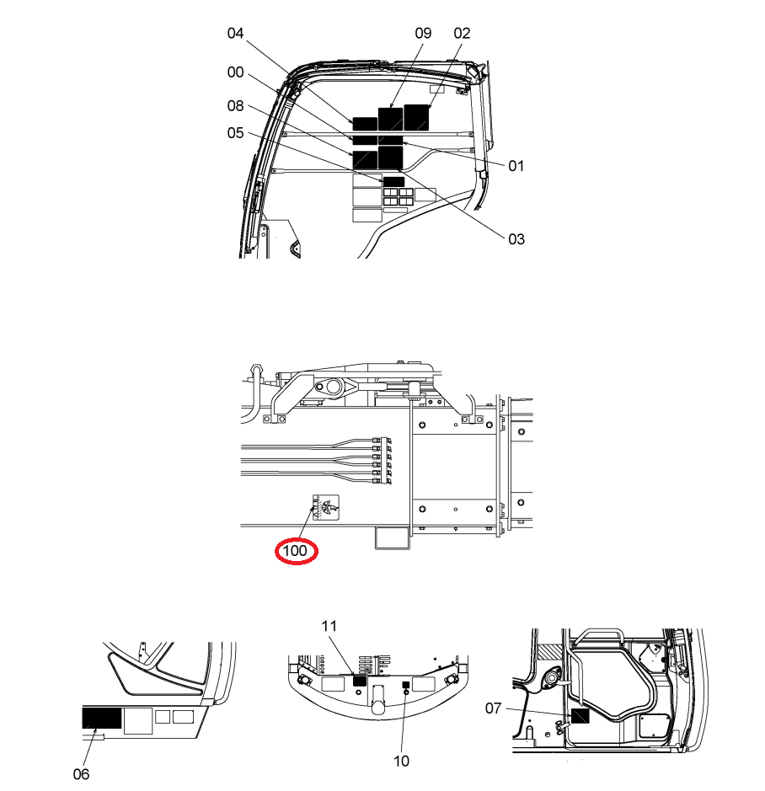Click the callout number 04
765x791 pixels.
[x=235, y=34]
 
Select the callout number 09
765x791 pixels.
[x=423, y=34]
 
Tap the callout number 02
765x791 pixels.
[x=462, y=34]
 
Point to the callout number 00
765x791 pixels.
[x=235, y=72]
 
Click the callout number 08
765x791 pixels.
[x=235, y=106]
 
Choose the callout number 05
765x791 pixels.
[x=235, y=133]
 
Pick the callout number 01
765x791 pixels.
[x=516, y=166]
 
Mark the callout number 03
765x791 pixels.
[x=516, y=239]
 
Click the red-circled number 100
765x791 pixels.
[x=296, y=551]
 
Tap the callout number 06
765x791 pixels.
[x=81, y=774]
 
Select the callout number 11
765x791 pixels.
[x=329, y=626]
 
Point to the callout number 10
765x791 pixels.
[x=401, y=761]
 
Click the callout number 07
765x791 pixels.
[x=493, y=708]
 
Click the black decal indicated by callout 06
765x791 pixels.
[x=102, y=718]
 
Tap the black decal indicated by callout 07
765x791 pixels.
[x=580, y=716]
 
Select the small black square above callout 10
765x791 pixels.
[x=405, y=685]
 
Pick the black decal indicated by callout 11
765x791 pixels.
[x=359, y=681]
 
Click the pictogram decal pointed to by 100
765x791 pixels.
[x=325, y=507]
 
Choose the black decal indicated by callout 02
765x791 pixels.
[x=416, y=118]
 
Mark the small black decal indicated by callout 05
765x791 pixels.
[x=393, y=182]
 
